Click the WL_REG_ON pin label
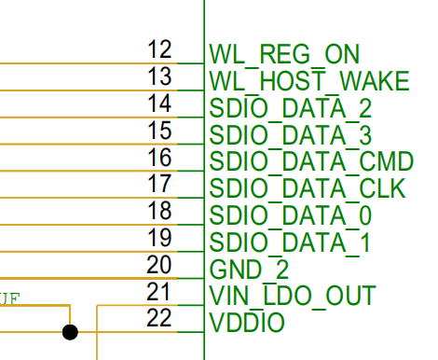coord(284,54)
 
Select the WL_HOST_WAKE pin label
coord(309,81)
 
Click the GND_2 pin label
coord(249,270)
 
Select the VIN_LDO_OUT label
coord(292,298)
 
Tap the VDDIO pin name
coord(247,325)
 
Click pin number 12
coord(160,49)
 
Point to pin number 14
coord(160,104)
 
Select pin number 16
coord(160,158)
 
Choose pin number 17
coord(160,185)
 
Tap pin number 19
coord(160,239)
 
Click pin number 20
coord(160,266)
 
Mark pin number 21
coord(160,293)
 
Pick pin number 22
coord(160,320)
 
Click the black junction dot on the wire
coord(70,331)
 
